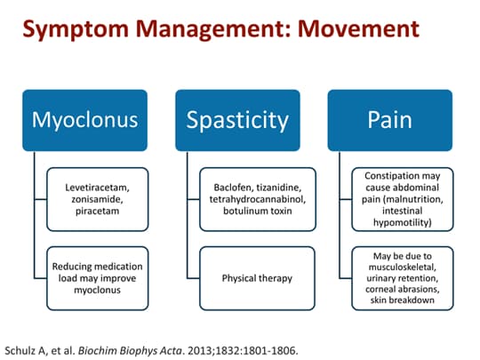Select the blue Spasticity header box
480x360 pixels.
(238, 119)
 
